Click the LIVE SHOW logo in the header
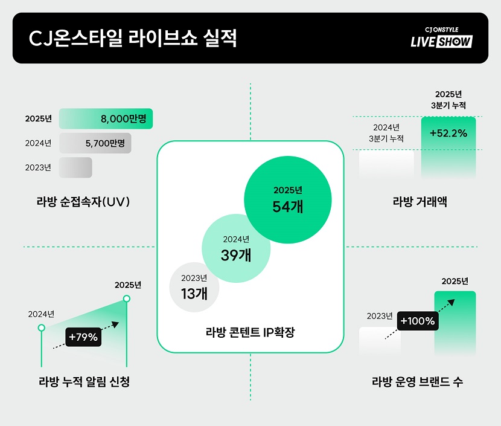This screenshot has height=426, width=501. click(441, 38)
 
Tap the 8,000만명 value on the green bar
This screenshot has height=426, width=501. click(124, 118)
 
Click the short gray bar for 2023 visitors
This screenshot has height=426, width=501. click(75, 167)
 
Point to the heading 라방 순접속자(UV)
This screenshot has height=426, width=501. click(83, 201)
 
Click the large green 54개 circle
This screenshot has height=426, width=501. click(288, 200)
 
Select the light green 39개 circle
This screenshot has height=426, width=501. click(236, 248)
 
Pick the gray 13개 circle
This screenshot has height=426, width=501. click(194, 287)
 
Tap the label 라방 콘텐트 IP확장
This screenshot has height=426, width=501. click(250, 332)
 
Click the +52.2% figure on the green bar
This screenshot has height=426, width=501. click(448, 133)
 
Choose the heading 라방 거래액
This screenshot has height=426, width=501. click(420, 201)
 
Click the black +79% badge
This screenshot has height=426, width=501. click(83, 337)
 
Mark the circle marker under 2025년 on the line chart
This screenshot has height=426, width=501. click(126, 299)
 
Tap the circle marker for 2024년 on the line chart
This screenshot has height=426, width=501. click(41, 328)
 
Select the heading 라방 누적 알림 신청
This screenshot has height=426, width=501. click(84, 382)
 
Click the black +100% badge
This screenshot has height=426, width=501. click(418, 321)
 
